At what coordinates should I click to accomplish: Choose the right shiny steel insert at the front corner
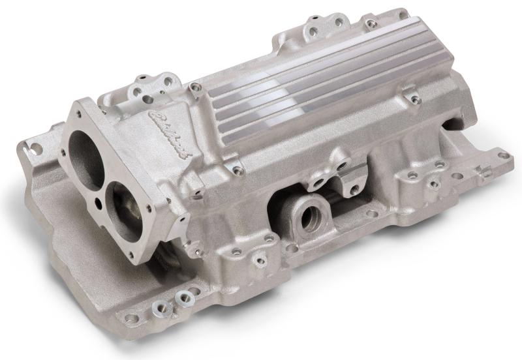pyautogui.click(x=182, y=297)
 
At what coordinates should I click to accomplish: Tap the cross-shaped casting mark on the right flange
pyautogui.click(x=484, y=172)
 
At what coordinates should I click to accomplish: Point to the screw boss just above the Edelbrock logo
pyautogui.click(x=195, y=86)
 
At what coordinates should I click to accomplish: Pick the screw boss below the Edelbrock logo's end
pyautogui.click(x=238, y=171)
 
